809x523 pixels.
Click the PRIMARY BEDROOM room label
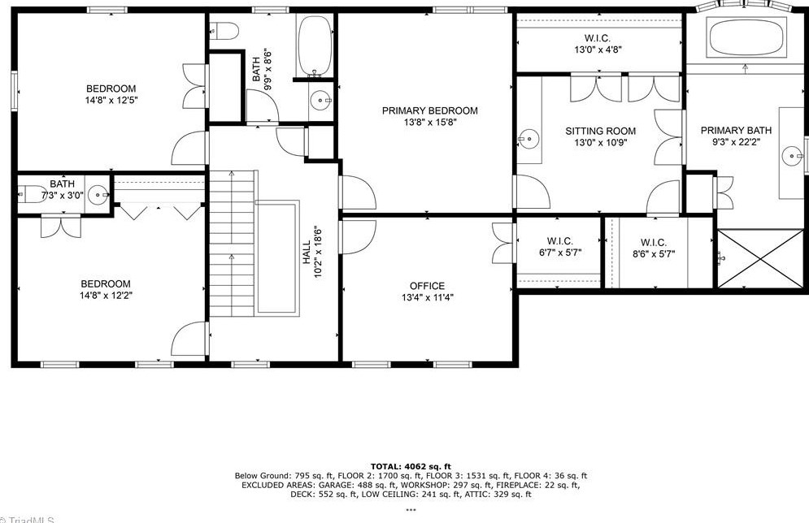coord(430,111)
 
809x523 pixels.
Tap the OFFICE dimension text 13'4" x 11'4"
coord(427,297)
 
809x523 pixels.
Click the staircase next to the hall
coord(233,244)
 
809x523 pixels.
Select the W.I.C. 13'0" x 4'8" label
coord(598,39)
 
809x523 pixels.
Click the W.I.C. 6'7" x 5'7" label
coord(559,242)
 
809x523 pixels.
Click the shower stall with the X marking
coord(759,258)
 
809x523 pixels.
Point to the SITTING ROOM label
coord(601,132)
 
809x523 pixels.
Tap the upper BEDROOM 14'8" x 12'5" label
coord(111,89)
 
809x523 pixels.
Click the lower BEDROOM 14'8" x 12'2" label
coord(106,284)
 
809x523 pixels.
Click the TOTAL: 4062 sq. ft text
coord(411,466)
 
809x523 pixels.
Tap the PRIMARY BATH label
coord(736,131)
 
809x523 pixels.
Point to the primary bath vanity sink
coord(791,153)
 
